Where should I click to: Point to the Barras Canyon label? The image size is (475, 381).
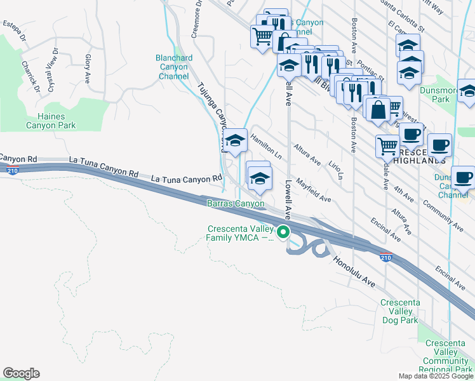pyautogui.click(x=236, y=203)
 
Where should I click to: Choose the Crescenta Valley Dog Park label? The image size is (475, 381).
pyautogui.click(x=399, y=311)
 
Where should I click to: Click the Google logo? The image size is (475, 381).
pyautogui.click(x=21, y=373)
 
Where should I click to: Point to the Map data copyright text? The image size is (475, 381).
pyautogui.click(x=436, y=376)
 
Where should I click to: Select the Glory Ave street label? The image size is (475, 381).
pyautogui.click(x=88, y=69)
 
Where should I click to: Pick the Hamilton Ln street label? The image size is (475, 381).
pyautogui.click(x=266, y=145)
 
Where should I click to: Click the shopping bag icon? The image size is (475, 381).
pyautogui.click(x=378, y=109)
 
